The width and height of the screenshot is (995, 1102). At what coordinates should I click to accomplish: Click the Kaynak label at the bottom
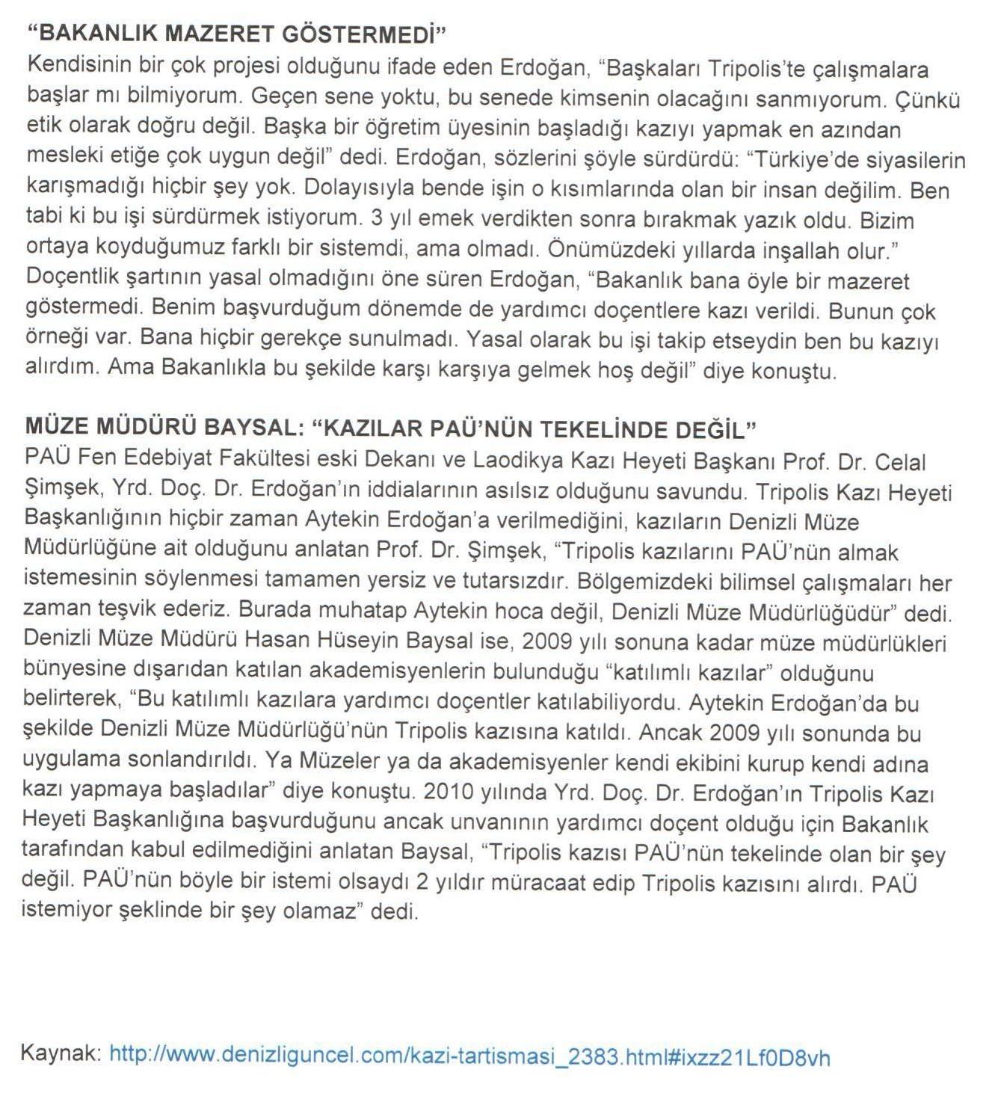pyautogui.click(x=61, y=1056)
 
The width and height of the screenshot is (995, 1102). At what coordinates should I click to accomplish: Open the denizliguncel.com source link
pyautogui.click(x=469, y=1056)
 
